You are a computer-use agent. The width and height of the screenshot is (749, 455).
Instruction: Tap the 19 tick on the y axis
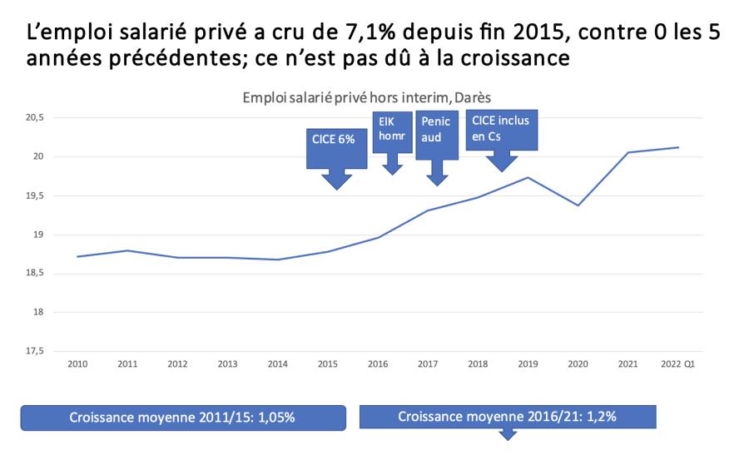pos(37,235)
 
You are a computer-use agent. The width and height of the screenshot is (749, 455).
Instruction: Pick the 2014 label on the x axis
pos(277,364)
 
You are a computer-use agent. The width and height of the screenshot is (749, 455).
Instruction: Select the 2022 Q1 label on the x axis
pos(678,364)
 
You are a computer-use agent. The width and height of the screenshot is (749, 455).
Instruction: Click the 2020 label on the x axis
pos(578,364)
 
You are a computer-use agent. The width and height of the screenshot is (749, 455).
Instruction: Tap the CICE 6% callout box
pos(336,140)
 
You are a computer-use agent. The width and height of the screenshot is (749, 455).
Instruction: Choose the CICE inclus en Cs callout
pos(501,129)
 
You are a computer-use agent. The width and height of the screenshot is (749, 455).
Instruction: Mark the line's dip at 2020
pos(578,205)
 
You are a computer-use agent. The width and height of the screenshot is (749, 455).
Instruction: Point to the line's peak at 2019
pos(528,177)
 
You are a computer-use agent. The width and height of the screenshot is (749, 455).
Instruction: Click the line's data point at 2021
pos(628,152)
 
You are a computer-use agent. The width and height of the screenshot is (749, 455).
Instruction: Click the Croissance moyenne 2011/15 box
pos(182,418)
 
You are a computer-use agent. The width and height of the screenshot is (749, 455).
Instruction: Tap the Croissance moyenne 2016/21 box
pos(507,417)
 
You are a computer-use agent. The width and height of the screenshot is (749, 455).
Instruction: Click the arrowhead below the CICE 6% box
pos(336,181)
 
